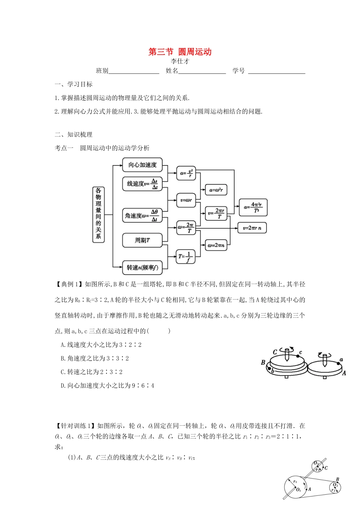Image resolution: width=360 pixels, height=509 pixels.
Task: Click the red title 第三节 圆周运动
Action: click(x=180, y=52)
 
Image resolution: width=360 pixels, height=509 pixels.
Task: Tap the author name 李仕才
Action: click(x=180, y=61)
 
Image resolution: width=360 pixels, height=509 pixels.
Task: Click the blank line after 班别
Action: click(x=134, y=71)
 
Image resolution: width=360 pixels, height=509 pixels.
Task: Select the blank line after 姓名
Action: click(x=202, y=71)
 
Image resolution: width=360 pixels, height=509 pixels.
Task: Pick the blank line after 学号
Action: click(x=277, y=71)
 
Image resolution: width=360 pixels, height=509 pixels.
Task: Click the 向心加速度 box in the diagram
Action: click(x=142, y=165)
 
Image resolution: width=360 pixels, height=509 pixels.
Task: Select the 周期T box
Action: click(x=142, y=240)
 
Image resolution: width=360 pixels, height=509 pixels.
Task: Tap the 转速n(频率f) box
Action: click(x=142, y=267)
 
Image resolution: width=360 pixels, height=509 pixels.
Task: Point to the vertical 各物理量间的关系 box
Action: click(x=99, y=214)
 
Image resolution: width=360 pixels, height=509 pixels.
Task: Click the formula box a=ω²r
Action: click(x=216, y=190)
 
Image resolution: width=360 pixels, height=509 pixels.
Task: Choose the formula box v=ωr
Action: click(x=186, y=200)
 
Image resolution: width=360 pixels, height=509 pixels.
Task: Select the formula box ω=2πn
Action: click(x=216, y=245)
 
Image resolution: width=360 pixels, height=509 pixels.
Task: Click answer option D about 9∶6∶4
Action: click(x=107, y=386)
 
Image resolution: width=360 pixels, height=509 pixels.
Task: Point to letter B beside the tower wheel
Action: click(x=263, y=362)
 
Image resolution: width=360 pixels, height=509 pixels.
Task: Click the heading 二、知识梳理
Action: click(x=74, y=134)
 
